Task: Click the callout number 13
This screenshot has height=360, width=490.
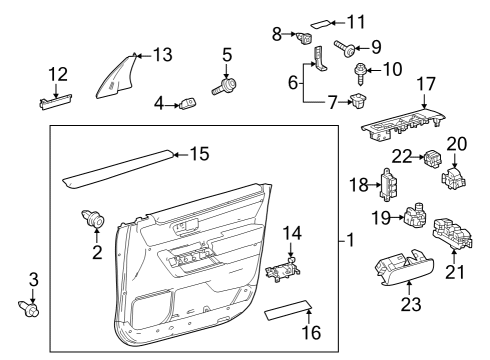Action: click(162, 54)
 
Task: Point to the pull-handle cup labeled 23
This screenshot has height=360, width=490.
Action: click(403, 267)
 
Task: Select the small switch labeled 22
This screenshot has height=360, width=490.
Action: click(432, 158)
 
